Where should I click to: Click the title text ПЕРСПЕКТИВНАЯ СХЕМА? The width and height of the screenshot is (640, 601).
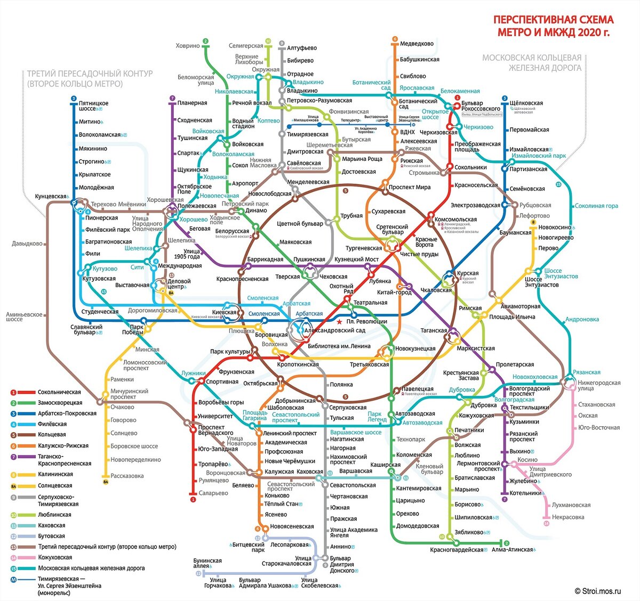click(553, 20)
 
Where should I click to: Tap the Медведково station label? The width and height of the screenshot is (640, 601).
click(417, 44)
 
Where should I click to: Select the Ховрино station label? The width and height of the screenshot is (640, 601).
click(188, 46)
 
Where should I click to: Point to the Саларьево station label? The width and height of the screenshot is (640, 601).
click(213, 493)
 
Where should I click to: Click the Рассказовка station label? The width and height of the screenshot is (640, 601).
click(127, 476)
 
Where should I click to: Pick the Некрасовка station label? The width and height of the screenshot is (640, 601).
click(568, 517)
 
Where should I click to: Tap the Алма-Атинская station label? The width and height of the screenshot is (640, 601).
click(512, 549)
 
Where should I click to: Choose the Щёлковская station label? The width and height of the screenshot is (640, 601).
click(526, 103)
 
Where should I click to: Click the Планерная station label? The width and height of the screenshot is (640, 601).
click(192, 103)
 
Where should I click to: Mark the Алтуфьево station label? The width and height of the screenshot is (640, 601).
click(302, 48)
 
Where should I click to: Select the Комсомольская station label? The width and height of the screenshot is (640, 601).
click(455, 220)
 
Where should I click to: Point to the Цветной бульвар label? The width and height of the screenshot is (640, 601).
click(300, 224)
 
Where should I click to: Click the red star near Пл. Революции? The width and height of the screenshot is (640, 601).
click(340, 321)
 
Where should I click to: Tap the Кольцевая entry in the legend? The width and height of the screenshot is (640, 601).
click(52, 435)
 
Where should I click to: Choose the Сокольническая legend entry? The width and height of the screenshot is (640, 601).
click(59, 392)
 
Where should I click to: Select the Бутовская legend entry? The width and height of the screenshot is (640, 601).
click(51, 536)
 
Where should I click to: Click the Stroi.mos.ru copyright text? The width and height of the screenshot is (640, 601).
click(598, 590)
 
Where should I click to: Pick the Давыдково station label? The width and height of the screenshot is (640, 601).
click(27, 244)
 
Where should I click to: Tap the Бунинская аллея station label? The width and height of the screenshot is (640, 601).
click(207, 563)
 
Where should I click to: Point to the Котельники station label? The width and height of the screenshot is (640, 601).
click(525, 493)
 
